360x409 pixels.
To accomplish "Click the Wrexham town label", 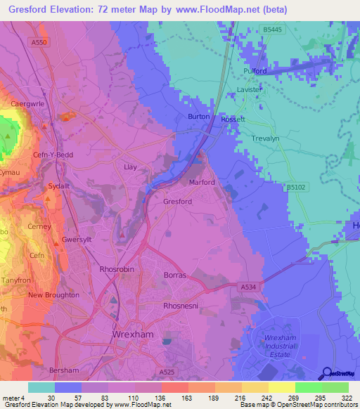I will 132,335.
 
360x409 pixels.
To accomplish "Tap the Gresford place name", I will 177,202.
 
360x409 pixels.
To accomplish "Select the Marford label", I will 202,182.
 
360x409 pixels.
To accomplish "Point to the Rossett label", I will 233,119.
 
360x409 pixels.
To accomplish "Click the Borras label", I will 174,275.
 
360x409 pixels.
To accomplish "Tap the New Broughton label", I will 53,295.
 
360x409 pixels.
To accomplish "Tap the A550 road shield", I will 40,43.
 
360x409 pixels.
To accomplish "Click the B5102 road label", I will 297,188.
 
